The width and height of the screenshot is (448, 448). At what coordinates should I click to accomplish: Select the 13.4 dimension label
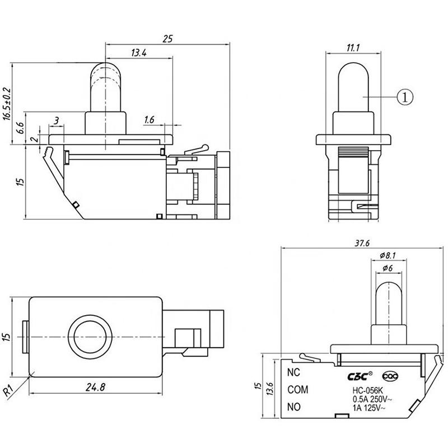tap(139, 53)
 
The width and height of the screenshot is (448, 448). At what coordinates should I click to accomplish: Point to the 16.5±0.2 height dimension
tap(7, 104)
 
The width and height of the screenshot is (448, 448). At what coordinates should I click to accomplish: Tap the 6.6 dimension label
tap(20, 128)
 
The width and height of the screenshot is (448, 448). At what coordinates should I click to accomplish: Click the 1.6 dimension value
tap(149, 120)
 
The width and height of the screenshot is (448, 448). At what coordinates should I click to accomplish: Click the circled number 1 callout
tap(405, 97)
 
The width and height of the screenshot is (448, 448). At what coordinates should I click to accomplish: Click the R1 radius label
tap(8, 390)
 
